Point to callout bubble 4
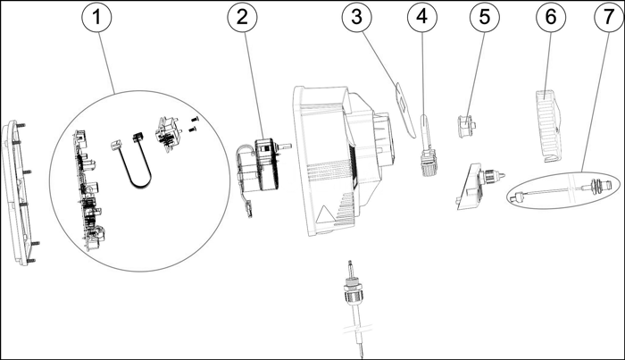(x=422, y=16)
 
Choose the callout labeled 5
(x=482, y=16)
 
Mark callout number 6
(x=546, y=16)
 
